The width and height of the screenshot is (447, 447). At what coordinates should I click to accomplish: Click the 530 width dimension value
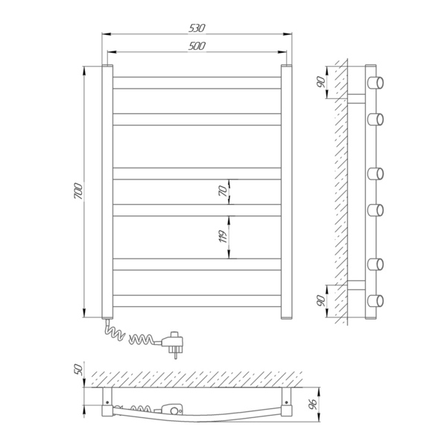coord(197,28)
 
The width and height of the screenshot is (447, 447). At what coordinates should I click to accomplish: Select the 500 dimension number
coord(197,46)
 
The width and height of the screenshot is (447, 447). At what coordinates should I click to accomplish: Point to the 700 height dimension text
coord(78,191)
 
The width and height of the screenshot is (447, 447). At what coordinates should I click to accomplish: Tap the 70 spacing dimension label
coord(223,191)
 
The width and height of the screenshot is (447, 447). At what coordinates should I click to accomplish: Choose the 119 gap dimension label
coord(223,236)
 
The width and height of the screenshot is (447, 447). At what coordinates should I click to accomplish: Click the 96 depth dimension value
coord(313,404)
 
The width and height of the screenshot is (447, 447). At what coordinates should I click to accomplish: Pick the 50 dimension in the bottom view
coord(78,370)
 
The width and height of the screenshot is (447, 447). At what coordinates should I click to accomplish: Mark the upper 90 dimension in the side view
coord(321,82)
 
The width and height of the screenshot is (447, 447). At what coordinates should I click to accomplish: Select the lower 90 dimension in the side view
coord(321,301)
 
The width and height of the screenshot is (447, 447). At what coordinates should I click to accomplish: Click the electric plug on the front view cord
coord(173,343)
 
